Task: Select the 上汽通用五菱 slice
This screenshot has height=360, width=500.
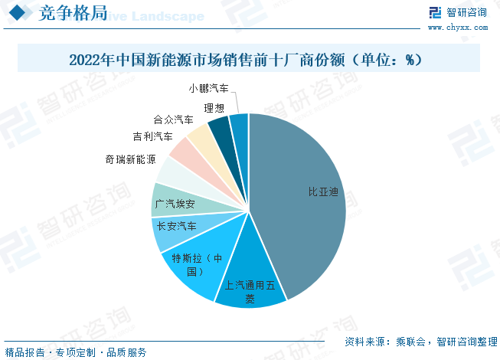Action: point(250,280)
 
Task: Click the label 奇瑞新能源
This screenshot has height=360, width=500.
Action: point(130,159)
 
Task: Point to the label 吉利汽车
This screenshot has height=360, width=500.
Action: point(152,137)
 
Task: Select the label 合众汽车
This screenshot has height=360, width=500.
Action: point(173,120)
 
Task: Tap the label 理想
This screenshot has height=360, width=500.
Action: point(214,108)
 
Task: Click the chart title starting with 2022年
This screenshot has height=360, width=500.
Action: point(246,59)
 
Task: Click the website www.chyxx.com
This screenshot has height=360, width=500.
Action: point(457,27)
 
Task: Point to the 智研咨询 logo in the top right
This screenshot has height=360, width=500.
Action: point(456,12)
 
